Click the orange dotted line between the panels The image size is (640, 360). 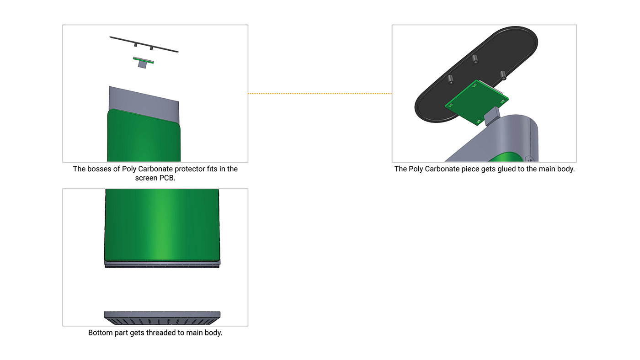click(320, 94)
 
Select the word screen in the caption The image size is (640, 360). click(146, 178)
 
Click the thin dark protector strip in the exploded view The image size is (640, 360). click(144, 44)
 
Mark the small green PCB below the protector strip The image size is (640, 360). click(143, 60)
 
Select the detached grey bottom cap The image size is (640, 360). click(162, 316)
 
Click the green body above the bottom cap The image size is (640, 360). click(162, 224)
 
